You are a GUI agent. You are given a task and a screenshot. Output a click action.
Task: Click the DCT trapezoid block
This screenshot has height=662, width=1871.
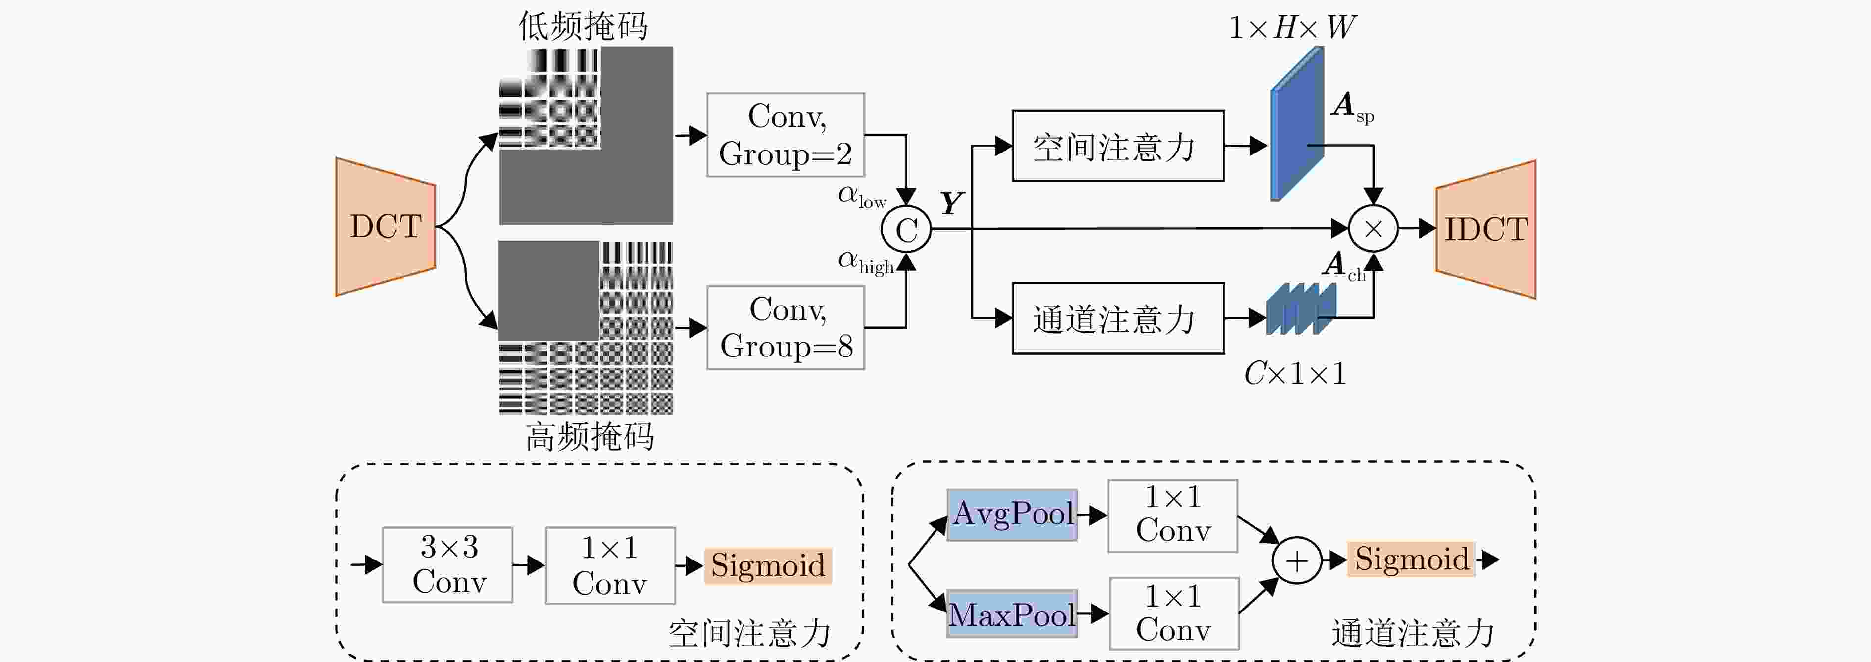tap(386, 227)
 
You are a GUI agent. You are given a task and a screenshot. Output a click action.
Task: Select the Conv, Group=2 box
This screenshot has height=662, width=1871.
tap(785, 135)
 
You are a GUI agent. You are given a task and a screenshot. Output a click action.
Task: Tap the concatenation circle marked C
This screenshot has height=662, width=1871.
tap(906, 230)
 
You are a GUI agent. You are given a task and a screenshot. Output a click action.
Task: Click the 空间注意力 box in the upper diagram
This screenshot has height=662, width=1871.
tap(1117, 146)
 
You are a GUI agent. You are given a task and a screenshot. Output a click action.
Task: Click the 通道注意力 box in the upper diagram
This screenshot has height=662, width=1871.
tap(1117, 318)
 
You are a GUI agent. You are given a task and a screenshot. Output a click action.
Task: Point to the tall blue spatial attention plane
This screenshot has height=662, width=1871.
tap(1296, 123)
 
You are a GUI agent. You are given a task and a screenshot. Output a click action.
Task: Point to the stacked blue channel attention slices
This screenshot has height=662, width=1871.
tap(1300, 309)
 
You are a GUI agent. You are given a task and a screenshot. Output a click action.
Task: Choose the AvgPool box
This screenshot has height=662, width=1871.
tap(1012, 514)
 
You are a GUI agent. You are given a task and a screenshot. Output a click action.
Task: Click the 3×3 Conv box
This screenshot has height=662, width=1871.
tap(447, 564)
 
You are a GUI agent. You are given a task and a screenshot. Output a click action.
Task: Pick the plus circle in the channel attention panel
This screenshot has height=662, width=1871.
tap(1296, 560)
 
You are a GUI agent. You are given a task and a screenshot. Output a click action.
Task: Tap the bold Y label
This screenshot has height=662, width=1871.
tap(951, 203)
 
